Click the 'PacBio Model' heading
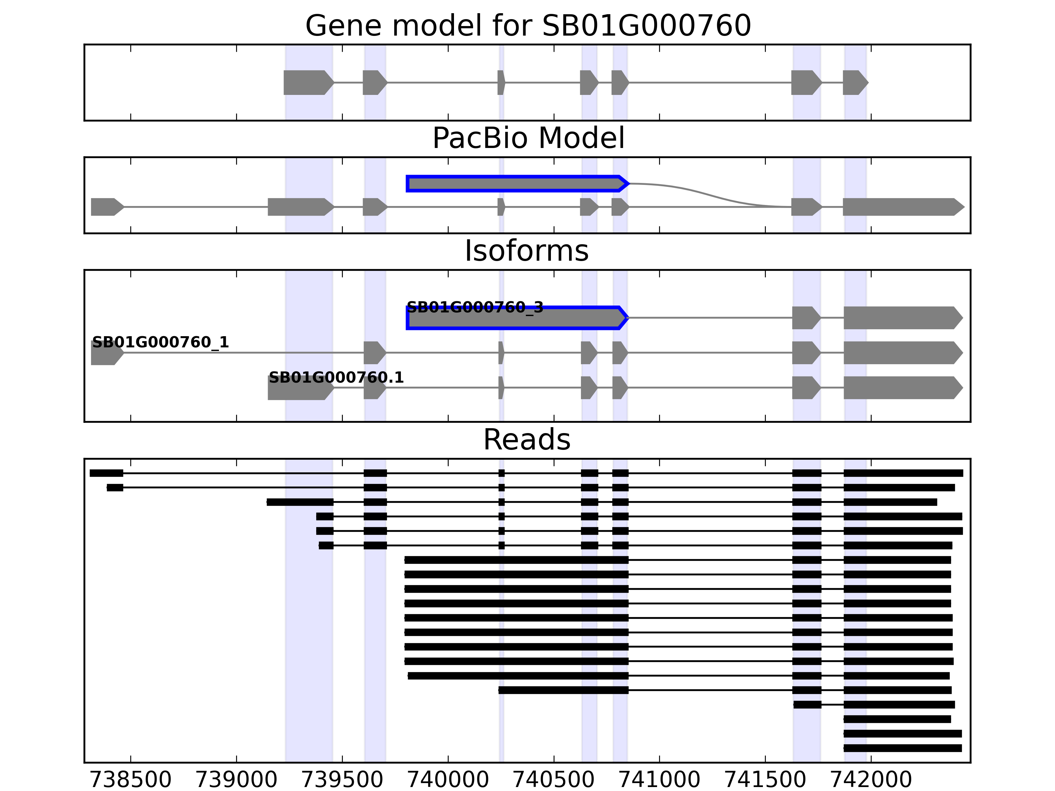click(527, 138)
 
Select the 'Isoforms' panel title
click(527, 251)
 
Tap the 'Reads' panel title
click(527, 440)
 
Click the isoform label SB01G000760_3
click(474, 308)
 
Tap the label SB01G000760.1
click(336, 378)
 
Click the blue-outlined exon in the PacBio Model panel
click(515, 184)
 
